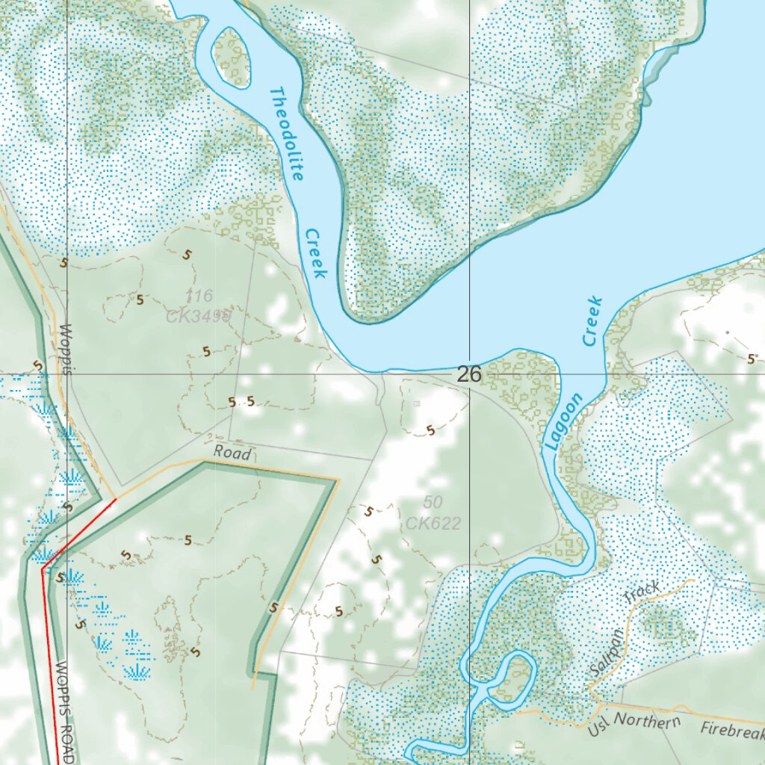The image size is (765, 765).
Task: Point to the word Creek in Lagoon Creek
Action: click(x=592, y=321)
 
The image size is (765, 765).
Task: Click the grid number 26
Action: click(x=469, y=374)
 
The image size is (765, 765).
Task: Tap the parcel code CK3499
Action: click(x=199, y=317)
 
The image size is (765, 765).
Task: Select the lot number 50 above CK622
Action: click(x=433, y=501)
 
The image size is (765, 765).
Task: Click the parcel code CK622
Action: click(x=433, y=523)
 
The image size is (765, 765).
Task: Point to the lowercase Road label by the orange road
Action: click(x=232, y=452)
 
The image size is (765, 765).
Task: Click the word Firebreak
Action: click(x=732, y=731)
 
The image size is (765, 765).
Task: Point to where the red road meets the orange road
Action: click(x=116, y=499)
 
